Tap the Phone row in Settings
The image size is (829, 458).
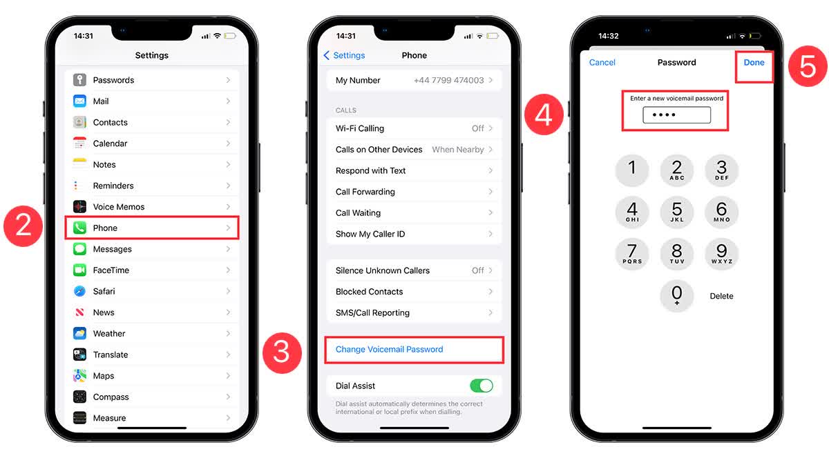152,228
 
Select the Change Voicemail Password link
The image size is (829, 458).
389,349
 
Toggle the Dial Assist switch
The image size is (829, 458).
481,386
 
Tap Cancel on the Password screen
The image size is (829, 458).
602,62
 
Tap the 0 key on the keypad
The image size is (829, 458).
676,295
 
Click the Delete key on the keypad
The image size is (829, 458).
721,296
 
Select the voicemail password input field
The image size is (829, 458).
676,115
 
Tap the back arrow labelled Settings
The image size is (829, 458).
344,55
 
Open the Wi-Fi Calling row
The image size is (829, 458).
414,128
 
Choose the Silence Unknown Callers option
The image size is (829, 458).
414,270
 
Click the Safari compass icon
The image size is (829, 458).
80,291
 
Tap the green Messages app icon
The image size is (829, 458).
80,249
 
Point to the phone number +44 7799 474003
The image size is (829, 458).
448,80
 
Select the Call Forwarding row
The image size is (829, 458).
414,192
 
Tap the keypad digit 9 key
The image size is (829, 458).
721,253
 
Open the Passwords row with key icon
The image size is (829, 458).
152,80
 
